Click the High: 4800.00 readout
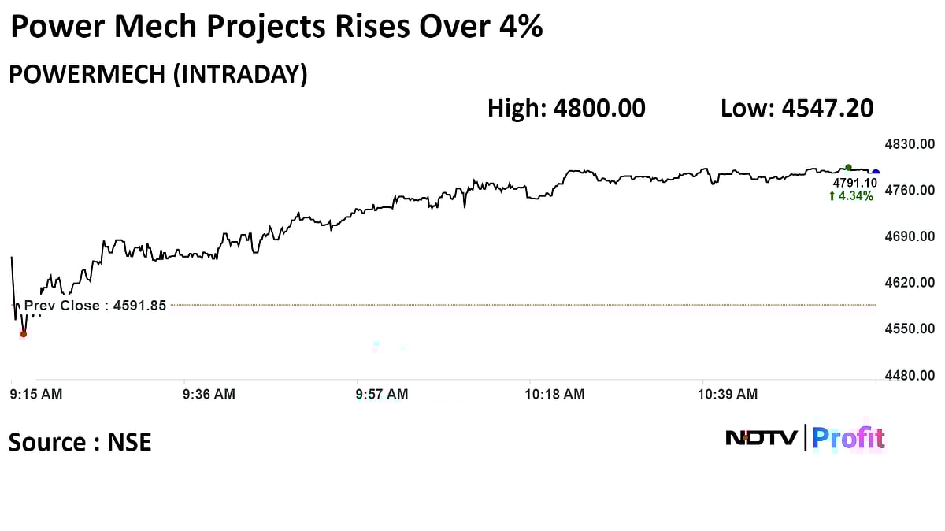click(566, 108)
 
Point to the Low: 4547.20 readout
click(796, 108)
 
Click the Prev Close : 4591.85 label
click(95, 306)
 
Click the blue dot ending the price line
click(876, 172)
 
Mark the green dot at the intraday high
click(848, 167)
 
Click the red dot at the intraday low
click(24, 334)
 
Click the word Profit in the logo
click(848, 437)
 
